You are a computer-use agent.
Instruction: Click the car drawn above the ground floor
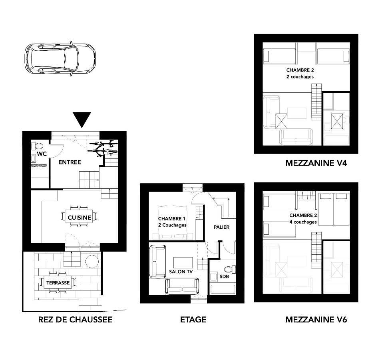click(x=60, y=59)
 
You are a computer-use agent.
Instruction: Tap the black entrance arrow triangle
click(x=82, y=120)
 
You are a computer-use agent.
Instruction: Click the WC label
click(x=42, y=154)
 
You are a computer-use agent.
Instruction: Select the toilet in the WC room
click(x=38, y=146)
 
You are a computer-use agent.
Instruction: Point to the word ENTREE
click(x=70, y=162)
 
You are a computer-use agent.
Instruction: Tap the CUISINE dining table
click(x=79, y=216)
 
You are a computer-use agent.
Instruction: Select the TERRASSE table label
click(x=58, y=283)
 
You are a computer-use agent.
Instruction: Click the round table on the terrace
click(x=93, y=262)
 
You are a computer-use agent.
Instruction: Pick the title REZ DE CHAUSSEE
click(x=75, y=320)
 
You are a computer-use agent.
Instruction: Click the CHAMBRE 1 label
click(x=171, y=219)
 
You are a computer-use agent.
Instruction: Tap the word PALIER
click(x=221, y=227)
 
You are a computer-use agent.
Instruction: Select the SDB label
click(x=224, y=276)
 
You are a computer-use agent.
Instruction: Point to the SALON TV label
click(x=181, y=272)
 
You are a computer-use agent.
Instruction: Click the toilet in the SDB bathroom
click(x=230, y=270)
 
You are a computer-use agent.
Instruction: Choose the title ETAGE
click(x=193, y=320)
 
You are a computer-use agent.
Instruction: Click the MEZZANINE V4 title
click(x=316, y=163)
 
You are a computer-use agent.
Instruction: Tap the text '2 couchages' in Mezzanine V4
click(x=300, y=77)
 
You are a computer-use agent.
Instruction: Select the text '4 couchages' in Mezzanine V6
click(x=303, y=222)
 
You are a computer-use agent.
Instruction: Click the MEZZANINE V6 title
click(x=316, y=320)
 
